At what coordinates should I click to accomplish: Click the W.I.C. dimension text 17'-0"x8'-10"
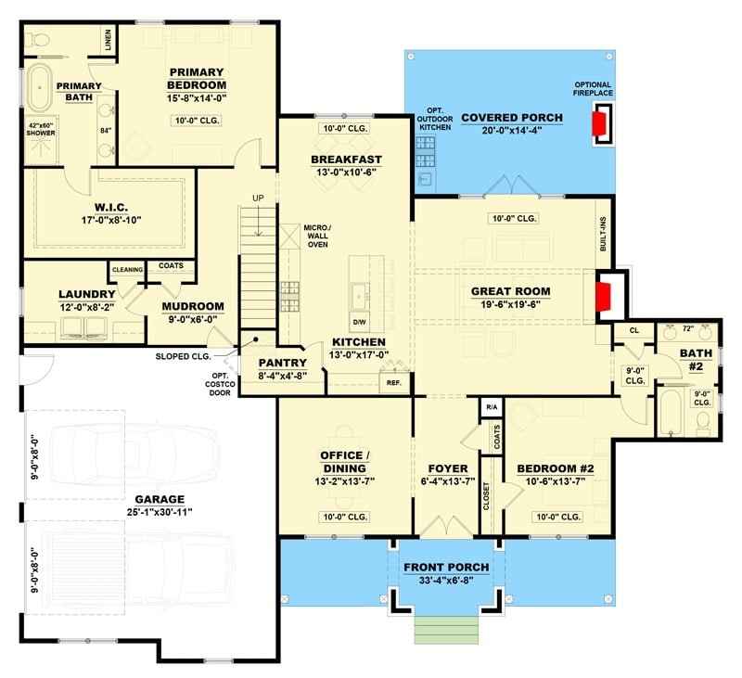coord(116,220)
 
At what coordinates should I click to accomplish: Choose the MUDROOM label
coord(192,306)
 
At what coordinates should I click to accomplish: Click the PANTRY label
coord(282,363)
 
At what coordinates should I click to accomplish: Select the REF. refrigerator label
coord(392,382)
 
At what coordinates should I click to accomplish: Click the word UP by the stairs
coord(259,198)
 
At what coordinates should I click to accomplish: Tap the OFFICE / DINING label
coord(344,461)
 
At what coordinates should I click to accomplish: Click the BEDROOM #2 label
coord(555,468)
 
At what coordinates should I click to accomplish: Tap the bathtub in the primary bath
coord(41,90)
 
